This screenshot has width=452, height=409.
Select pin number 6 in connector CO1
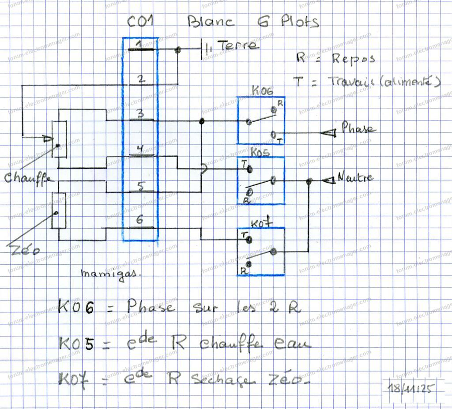coord(139,221)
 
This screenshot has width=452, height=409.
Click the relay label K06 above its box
coord(262,91)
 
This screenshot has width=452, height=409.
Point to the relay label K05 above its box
coord(260,152)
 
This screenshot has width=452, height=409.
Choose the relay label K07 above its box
coord(260,223)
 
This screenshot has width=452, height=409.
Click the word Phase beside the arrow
coord(358,129)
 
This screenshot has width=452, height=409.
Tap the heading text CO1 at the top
coord(140,22)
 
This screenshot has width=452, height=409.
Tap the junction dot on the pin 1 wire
coord(178,50)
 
